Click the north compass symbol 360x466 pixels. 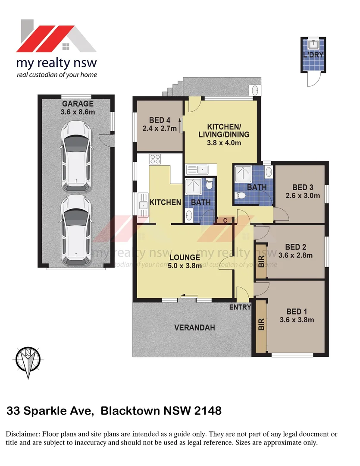click(x=28, y=359)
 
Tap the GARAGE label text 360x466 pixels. click(x=78, y=104)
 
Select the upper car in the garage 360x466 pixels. click(x=77, y=156)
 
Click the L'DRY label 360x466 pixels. click(x=313, y=55)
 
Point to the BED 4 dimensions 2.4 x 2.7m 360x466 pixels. click(x=160, y=128)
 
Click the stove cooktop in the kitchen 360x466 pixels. click(x=155, y=159)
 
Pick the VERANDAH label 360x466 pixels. click(x=194, y=328)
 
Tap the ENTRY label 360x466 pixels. click(x=240, y=307)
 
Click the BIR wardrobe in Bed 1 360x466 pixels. click(x=261, y=325)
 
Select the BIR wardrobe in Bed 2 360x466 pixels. click(x=261, y=262)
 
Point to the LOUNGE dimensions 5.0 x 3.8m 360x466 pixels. click(x=185, y=266)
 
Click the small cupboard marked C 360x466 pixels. click(x=225, y=220)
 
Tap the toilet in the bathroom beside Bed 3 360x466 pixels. click(x=241, y=196)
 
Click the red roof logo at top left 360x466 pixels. click(x=56, y=36)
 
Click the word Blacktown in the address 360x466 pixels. click(x=130, y=411)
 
